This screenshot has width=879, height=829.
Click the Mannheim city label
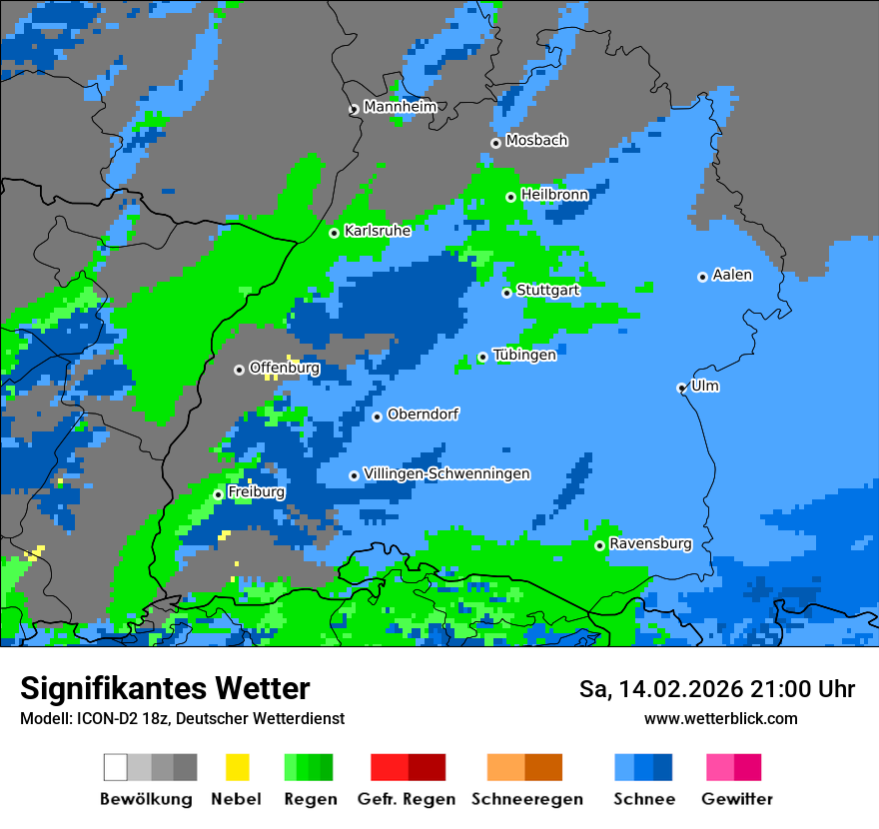[x=400, y=107]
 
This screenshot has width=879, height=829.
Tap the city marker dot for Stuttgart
[x=506, y=293]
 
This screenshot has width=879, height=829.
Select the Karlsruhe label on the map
[x=378, y=231]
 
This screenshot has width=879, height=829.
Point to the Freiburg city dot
[x=218, y=494]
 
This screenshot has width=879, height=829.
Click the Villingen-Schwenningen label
[x=446, y=473]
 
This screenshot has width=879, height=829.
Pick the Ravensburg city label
[x=650, y=543]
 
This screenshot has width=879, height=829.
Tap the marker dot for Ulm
[x=681, y=388]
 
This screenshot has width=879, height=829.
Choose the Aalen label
[x=732, y=275]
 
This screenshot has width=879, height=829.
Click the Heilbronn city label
[x=554, y=195]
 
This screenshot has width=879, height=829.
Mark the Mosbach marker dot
[x=495, y=143]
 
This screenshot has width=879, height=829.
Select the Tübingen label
[x=524, y=355]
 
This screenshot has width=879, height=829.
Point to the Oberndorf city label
[x=423, y=414]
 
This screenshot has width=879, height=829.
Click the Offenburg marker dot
[x=239, y=370]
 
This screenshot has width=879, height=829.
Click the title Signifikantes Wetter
[x=165, y=688]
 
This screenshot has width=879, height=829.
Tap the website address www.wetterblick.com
[x=720, y=718]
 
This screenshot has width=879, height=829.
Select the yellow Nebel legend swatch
[x=237, y=767]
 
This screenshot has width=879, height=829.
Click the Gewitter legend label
[x=737, y=799]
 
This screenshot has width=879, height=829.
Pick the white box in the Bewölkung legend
[x=116, y=767]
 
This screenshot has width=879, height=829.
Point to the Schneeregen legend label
[x=527, y=799]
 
